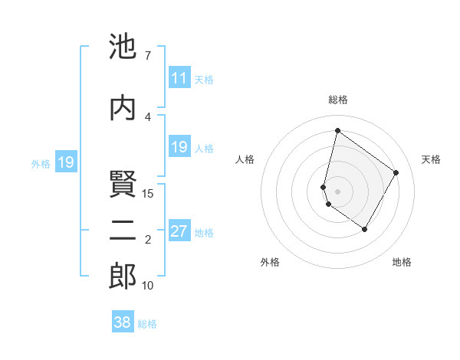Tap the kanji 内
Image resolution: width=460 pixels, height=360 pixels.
coord(123,107)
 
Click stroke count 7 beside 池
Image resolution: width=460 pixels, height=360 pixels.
coord(148,55)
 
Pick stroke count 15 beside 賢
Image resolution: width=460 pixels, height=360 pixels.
coord(148,193)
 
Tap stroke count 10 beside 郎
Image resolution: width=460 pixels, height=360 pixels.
coord(148,286)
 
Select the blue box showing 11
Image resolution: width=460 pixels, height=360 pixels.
coord(179,78)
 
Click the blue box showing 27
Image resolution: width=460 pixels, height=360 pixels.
coord(179,231)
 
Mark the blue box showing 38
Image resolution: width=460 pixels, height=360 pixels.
coord(123,322)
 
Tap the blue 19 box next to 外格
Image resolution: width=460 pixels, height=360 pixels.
coord(65,162)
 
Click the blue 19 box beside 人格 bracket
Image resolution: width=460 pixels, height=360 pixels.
coord(179,147)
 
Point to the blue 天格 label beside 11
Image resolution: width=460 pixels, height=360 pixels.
coord(204,79)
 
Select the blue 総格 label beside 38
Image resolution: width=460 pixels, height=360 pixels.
coord(147,323)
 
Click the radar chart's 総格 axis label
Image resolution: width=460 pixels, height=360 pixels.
coord(337,100)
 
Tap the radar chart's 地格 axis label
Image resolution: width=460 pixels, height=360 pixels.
coord(402,262)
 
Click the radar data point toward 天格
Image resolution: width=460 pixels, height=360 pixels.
coord(396,172)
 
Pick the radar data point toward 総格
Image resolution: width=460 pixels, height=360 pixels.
coord(337,131)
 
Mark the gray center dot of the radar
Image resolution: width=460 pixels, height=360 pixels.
coord(337,191)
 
